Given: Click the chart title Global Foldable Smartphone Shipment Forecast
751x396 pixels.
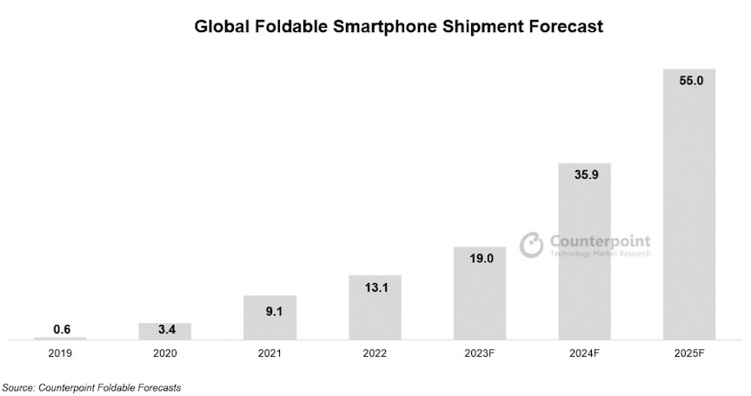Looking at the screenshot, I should pyautogui.click(x=399, y=27).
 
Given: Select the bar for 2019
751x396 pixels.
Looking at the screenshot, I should pyautogui.click(x=60, y=338).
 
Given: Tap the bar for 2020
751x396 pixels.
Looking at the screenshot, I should pyautogui.click(x=164, y=331).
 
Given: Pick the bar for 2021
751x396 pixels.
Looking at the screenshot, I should pyautogui.click(x=269, y=317).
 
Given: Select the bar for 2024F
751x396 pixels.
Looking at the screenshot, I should pyautogui.click(x=584, y=251).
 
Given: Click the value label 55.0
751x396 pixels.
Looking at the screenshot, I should pyautogui.click(x=689, y=80).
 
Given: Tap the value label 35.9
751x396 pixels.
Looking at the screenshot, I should pyautogui.click(x=584, y=175).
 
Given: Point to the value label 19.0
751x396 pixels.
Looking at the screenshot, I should pyautogui.click(x=479, y=258).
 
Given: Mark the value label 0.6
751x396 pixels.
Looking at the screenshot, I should pyautogui.click(x=60, y=328).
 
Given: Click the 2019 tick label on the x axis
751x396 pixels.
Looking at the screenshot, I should pyautogui.click(x=60, y=354).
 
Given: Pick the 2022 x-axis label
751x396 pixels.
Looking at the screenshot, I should pyautogui.click(x=375, y=354).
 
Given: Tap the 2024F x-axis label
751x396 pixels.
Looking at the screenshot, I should pyautogui.click(x=584, y=354).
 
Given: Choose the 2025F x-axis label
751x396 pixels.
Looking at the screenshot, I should pyautogui.click(x=689, y=354).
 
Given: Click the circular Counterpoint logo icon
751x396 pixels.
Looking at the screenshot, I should pyautogui.click(x=531, y=245).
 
